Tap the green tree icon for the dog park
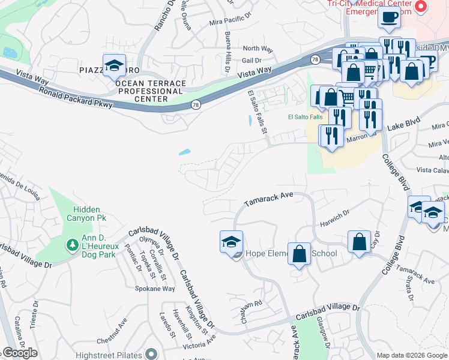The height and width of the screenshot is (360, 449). (x=72, y=245)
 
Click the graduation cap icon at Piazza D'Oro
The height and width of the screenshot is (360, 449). (x=112, y=67)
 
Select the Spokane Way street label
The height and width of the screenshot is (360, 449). (x=155, y=289)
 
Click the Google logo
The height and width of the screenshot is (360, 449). (x=19, y=353)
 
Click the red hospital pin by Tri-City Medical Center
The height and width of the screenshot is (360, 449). (x=421, y=7)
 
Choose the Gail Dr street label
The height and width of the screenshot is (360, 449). (x=251, y=61)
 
